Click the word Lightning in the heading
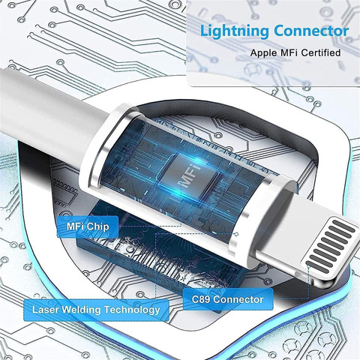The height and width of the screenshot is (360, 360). click(x=235, y=32)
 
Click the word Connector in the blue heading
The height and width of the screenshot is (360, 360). click(x=311, y=31)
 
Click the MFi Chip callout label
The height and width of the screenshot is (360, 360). click(x=88, y=226)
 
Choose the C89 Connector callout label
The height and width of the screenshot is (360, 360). click(x=228, y=299)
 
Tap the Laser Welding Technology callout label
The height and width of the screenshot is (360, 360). click(x=96, y=310)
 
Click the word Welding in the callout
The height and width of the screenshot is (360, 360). click(x=82, y=310)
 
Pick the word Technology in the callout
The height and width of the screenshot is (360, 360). click(x=132, y=310)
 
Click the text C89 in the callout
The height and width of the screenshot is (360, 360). click(x=201, y=299)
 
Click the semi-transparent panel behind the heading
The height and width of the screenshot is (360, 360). click(x=273, y=43)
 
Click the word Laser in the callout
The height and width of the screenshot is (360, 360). click(x=46, y=310)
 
